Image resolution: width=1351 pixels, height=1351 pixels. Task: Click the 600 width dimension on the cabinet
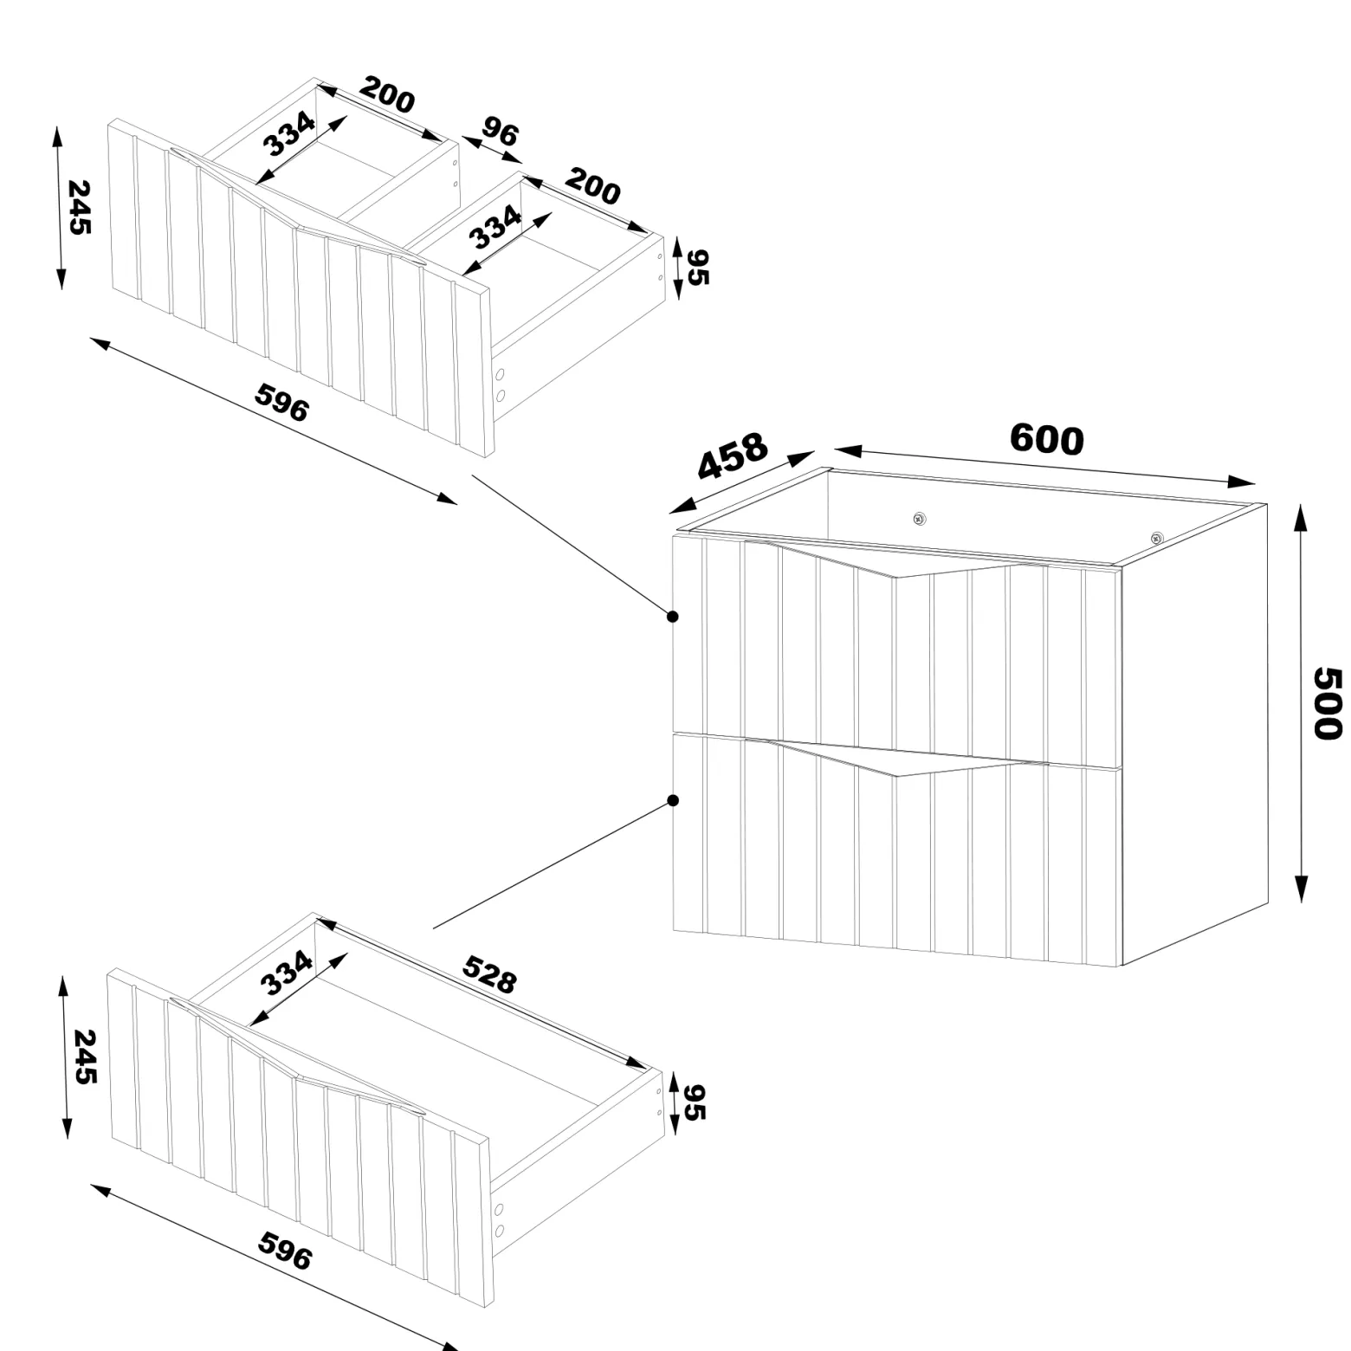click(1046, 439)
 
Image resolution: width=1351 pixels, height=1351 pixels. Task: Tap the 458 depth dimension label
click(733, 456)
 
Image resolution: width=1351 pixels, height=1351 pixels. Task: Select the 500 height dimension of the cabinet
click(1327, 703)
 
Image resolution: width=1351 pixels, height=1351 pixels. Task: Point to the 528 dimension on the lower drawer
click(489, 974)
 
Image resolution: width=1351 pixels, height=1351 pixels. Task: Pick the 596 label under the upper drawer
click(281, 403)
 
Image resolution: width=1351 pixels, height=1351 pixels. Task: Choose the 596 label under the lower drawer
click(285, 1251)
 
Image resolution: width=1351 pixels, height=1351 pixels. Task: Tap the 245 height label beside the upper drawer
click(80, 207)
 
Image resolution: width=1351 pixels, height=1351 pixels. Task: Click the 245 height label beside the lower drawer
click(84, 1057)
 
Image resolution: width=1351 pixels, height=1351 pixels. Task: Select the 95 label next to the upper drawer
click(697, 267)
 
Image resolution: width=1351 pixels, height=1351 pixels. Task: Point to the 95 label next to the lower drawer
click(694, 1102)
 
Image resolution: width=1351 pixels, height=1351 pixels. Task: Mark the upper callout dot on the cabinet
click(673, 617)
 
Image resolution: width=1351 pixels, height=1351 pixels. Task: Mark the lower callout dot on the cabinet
click(673, 800)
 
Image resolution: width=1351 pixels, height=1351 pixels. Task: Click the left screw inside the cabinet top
click(919, 520)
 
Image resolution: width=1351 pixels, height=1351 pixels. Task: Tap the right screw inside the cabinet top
click(1156, 539)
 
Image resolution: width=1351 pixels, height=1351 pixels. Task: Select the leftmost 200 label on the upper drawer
click(387, 95)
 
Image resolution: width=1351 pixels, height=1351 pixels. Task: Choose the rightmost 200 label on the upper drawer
click(593, 187)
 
